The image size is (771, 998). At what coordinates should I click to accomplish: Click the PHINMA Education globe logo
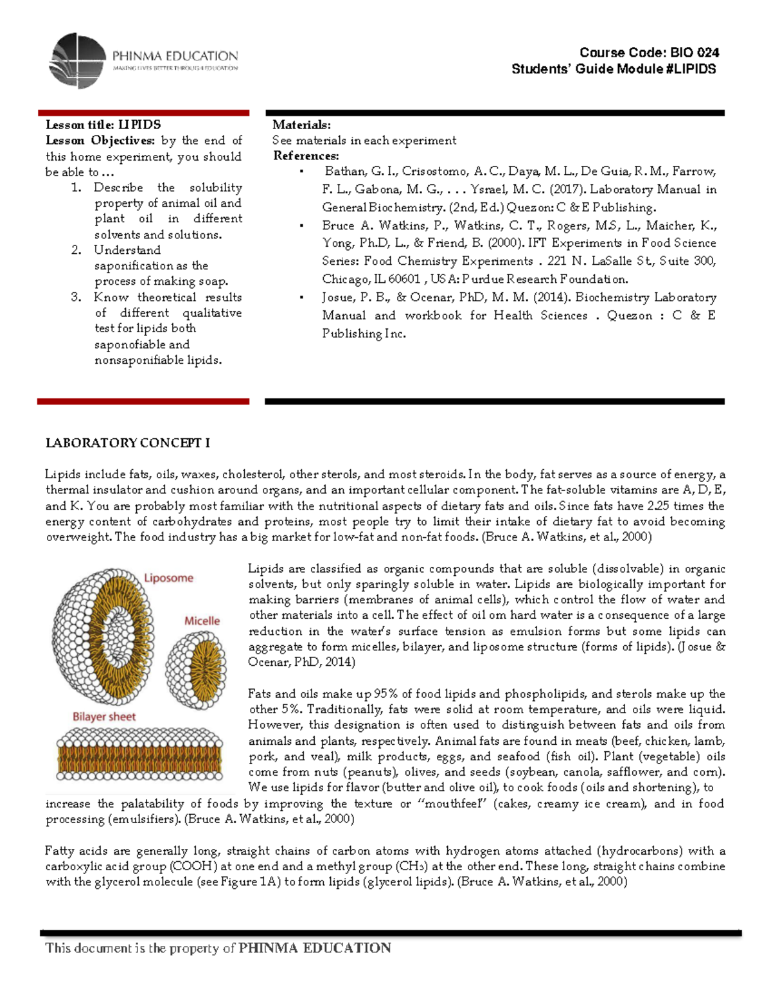point(77,61)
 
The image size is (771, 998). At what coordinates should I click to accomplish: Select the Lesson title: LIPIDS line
point(103,125)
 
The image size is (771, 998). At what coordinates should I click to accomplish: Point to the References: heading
point(306,156)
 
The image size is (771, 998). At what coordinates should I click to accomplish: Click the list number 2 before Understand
point(76,250)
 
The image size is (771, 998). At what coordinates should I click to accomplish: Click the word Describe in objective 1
point(118,188)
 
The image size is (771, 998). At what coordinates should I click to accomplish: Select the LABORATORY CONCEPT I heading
point(128,443)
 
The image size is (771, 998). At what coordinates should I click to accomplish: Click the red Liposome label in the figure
point(168,578)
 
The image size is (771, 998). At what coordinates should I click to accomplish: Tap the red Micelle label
point(202,621)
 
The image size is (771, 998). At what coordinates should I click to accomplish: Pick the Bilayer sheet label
point(104,717)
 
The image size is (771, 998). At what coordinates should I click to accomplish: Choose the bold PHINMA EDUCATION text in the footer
point(314,948)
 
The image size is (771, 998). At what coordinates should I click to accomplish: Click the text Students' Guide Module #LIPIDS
point(614,69)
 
